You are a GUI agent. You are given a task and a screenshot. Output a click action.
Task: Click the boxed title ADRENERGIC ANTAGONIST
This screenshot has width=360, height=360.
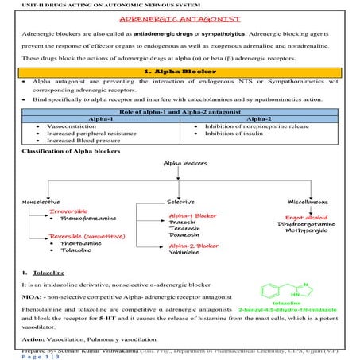[180, 19]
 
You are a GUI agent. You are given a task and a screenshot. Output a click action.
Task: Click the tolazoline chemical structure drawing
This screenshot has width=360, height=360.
[294, 285]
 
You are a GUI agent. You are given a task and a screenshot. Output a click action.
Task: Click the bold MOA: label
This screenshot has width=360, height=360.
[32, 295]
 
